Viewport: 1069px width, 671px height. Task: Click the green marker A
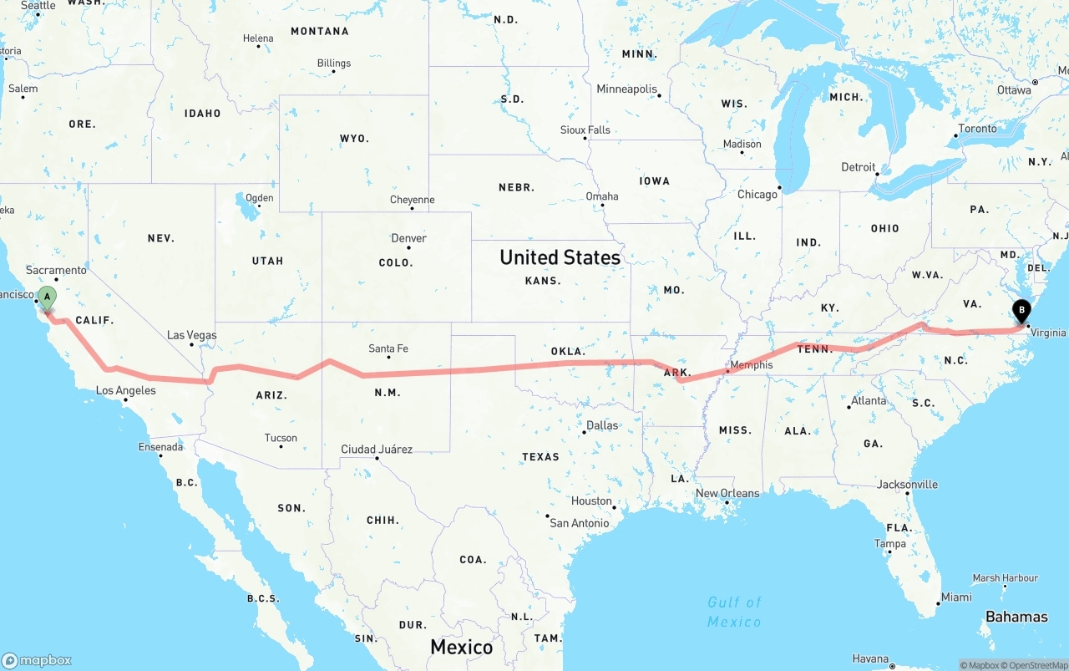click(x=48, y=297)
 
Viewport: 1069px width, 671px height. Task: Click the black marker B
click(x=1021, y=312)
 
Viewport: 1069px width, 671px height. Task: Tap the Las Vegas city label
click(x=191, y=335)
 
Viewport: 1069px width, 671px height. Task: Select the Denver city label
click(x=408, y=238)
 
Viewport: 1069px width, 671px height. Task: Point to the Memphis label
click(x=752, y=365)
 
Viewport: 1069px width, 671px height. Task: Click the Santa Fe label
click(x=388, y=348)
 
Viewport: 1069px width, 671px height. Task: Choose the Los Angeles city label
click(x=125, y=390)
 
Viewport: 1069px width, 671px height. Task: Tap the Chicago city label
click(x=757, y=195)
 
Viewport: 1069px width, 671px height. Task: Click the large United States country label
click(x=560, y=257)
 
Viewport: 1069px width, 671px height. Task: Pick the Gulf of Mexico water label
click(x=734, y=612)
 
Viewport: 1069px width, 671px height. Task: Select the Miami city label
click(x=955, y=597)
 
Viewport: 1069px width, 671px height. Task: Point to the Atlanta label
click(x=869, y=400)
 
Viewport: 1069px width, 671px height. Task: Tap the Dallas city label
click(x=602, y=425)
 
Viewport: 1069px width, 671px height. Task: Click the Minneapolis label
click(x=626, y=89)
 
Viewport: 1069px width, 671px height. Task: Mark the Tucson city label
click(x=281, y=438)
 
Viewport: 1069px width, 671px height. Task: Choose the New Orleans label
click(x=727, y=493)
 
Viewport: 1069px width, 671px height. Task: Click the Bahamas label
click(x=1016, y=617)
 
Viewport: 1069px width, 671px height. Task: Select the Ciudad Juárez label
click(x=377, y=450)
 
